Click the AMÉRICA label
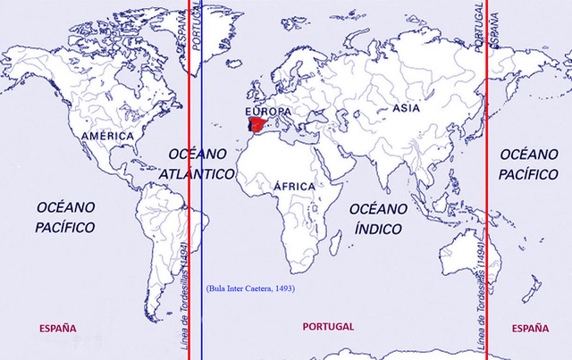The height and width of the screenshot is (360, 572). [x=107, y=136]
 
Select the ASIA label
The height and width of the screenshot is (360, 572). [x=406, y=108]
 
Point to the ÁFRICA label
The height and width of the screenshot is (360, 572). [x=295, y=186]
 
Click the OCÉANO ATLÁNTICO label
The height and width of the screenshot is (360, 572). [x=202, y=163]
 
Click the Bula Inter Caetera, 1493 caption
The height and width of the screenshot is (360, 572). [x=250, y=289]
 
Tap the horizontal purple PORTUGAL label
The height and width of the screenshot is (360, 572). [x=329, y=327]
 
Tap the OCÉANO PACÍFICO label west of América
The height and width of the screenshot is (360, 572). [x=65, y=217]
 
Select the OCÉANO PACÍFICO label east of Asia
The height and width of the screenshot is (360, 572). [x=530, y=163]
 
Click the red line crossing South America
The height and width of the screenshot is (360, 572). [x=189, y=223]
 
